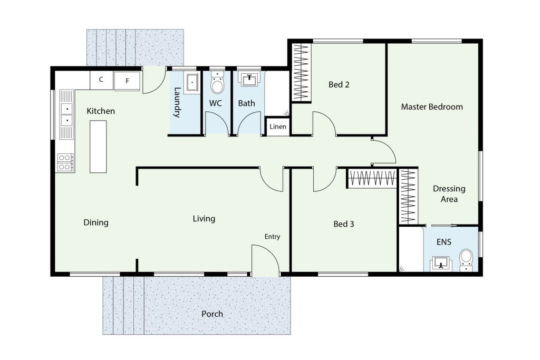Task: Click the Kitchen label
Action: (101, 111)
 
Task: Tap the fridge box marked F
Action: (127, 81)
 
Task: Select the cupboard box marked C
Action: (101, 80)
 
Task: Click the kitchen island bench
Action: (98, 147)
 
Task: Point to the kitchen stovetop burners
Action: (65, 162)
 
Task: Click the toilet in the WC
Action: (217, 83)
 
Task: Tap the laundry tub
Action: (192, 83)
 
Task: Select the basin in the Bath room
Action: (249, 80)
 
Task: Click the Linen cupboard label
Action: (277, 127)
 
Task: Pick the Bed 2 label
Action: (339, 84)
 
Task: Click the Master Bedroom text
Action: (432, 106)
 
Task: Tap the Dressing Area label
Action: (449, 194)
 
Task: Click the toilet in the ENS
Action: (466, 260)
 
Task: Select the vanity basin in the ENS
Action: (441, 264)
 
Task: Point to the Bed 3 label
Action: (344, 224)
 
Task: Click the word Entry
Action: (272, 237)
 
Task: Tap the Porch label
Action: (212, 314)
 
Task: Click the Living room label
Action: (204, 219)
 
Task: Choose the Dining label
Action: (96, 222)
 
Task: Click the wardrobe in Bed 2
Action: (301, 72)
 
